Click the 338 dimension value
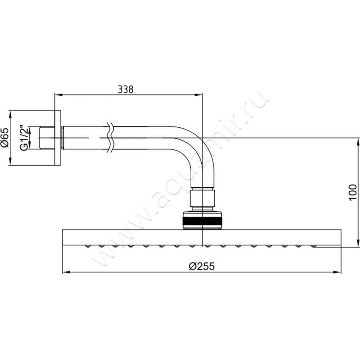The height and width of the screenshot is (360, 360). (126, 89)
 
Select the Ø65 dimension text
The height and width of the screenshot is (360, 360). (4, 137)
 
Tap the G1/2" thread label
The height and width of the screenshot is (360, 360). (24, 138)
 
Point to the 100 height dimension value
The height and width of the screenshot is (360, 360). (353, 192)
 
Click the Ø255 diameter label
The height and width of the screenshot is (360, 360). (202, 266)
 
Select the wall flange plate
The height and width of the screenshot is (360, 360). (58, 138)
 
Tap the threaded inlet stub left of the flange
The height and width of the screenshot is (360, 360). (47, 138)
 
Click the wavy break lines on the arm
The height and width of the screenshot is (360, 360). (110, 138)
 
